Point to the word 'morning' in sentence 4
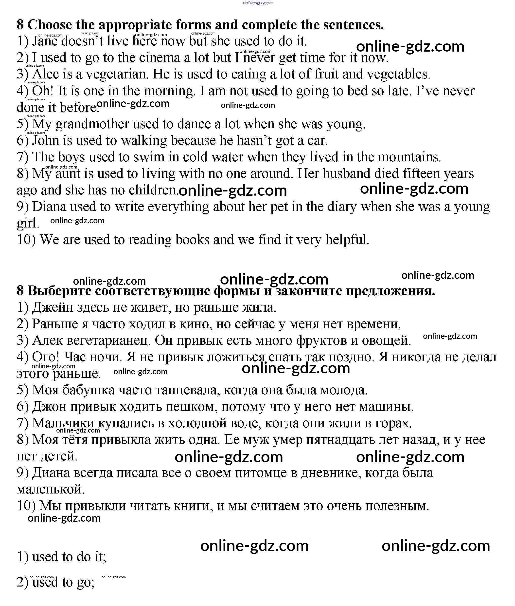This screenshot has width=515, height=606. click(169, 91)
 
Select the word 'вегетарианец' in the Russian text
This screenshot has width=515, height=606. click(108, 341)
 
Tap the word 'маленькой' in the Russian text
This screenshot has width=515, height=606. click(51, 490)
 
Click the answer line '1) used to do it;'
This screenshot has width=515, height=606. click(62, 557)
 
